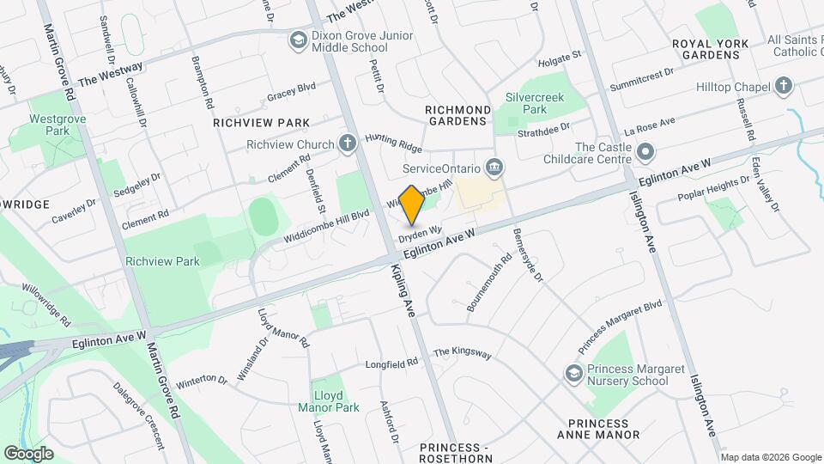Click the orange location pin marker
coord(412,205)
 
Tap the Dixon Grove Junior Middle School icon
coord(298,40)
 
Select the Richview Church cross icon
coord(348,143)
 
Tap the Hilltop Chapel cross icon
coord(783,86)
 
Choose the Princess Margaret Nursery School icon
coord(573,374)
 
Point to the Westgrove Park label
coord(48,125)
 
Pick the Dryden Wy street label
coord(419,232)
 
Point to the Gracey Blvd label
coord(292,89)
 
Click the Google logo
coord(28,453)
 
